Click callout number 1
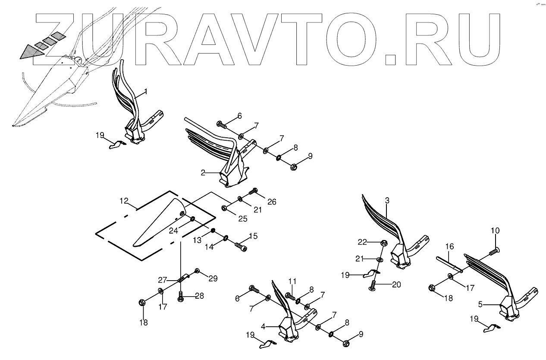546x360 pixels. pyautogui.click(x=146, y=92)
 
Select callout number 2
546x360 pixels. pyautogui.click(x=203, y=173)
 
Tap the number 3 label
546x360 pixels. pyautogui.click(x=387, y=201)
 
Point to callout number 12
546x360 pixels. pyautogui.click(x=124, y=201)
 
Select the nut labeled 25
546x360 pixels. pyautogui.click(x=224, y=208)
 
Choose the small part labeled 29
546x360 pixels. pyautogui.click(x=197, y=271)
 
